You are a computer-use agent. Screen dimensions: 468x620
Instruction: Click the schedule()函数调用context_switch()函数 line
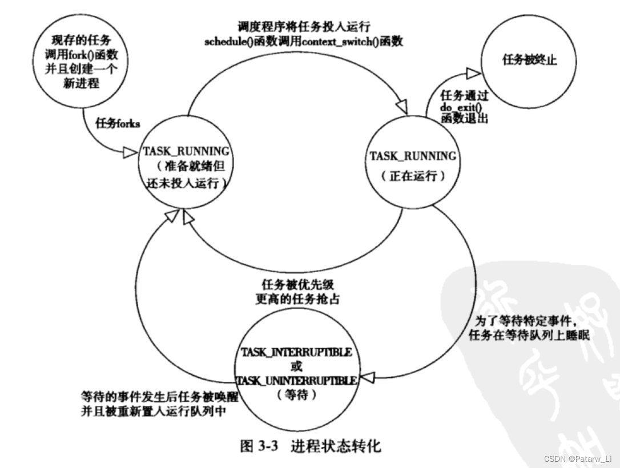(304, 42)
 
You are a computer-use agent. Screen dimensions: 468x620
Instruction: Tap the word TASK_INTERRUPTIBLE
(297, 352)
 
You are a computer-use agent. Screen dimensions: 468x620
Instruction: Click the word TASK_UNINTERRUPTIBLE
(297, 381)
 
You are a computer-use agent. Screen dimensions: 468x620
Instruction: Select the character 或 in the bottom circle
(296, 366)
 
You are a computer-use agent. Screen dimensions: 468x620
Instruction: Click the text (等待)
(296, 394)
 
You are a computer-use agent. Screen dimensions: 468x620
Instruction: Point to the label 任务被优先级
(297, 284)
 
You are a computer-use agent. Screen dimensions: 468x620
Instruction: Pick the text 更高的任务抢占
(297, 298)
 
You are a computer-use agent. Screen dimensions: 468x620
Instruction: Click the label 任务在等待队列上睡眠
(529, 336)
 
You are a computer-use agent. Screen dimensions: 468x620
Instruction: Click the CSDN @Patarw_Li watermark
(578, 458)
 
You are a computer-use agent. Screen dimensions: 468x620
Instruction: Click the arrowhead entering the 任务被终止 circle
(473, 71)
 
